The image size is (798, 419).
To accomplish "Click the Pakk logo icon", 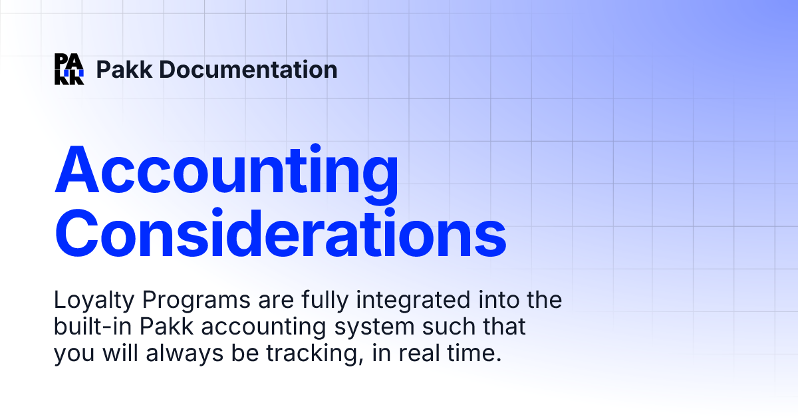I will tap(69, 69).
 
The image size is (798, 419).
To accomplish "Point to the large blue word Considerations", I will tap(280, 232).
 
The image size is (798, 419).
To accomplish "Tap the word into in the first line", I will tap(497, 301).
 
